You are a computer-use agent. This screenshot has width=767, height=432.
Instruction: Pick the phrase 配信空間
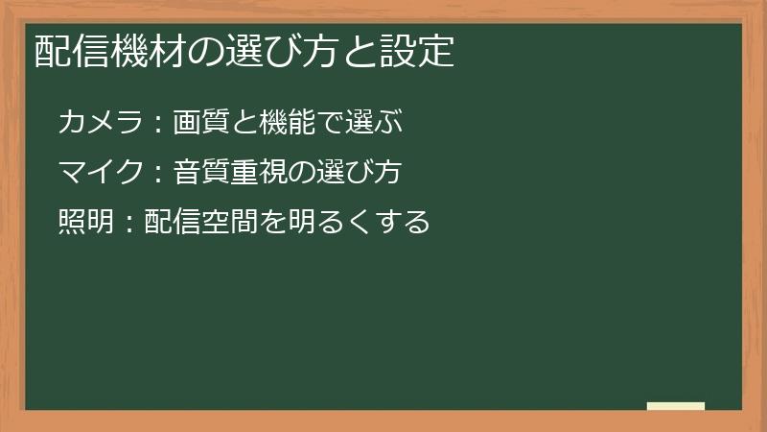[x=200, y=223]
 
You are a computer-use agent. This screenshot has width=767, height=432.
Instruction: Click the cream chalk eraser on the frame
[x=675, y=406]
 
